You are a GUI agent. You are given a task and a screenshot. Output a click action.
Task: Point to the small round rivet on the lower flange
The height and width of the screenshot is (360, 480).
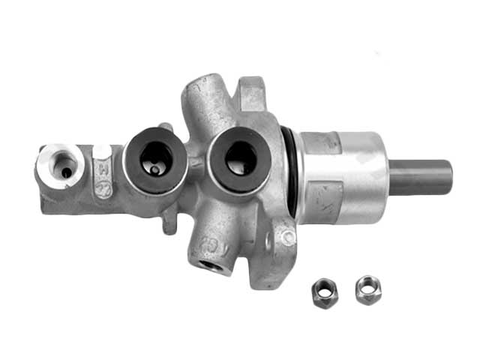click(x=286, y=238)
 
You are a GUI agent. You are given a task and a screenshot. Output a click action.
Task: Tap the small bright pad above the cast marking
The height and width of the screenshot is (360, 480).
click(x=102, y=151)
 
